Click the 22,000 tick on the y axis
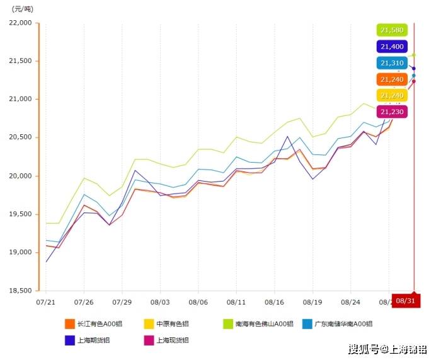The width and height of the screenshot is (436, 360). click(x=21, y=23)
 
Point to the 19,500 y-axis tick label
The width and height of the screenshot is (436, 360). click(x=21, y=214)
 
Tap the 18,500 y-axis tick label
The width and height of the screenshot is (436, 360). click(x=21, y=291)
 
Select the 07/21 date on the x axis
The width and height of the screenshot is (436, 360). click(x=46, y=302)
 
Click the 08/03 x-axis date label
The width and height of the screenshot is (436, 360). click(x=160, y=302)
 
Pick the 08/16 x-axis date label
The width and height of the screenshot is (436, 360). click(x=274, y=302)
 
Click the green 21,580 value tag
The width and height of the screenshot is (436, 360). click(x=393, y=30)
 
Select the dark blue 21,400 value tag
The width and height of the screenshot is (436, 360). click(x=393, y=47)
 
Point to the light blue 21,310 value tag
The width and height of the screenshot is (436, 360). click(x=393, y=63)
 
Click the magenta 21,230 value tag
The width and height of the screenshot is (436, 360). click(x=393, y=112)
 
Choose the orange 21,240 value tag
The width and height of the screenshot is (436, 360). click(x=393, y=79)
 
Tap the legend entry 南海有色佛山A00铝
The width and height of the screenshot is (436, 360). click(x=258, y=324)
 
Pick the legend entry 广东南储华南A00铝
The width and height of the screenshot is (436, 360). click(x=337, y=324)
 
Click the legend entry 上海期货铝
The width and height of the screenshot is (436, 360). click(x=93, y=340)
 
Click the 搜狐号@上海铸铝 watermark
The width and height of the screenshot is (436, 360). click(x=387, y=349)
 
